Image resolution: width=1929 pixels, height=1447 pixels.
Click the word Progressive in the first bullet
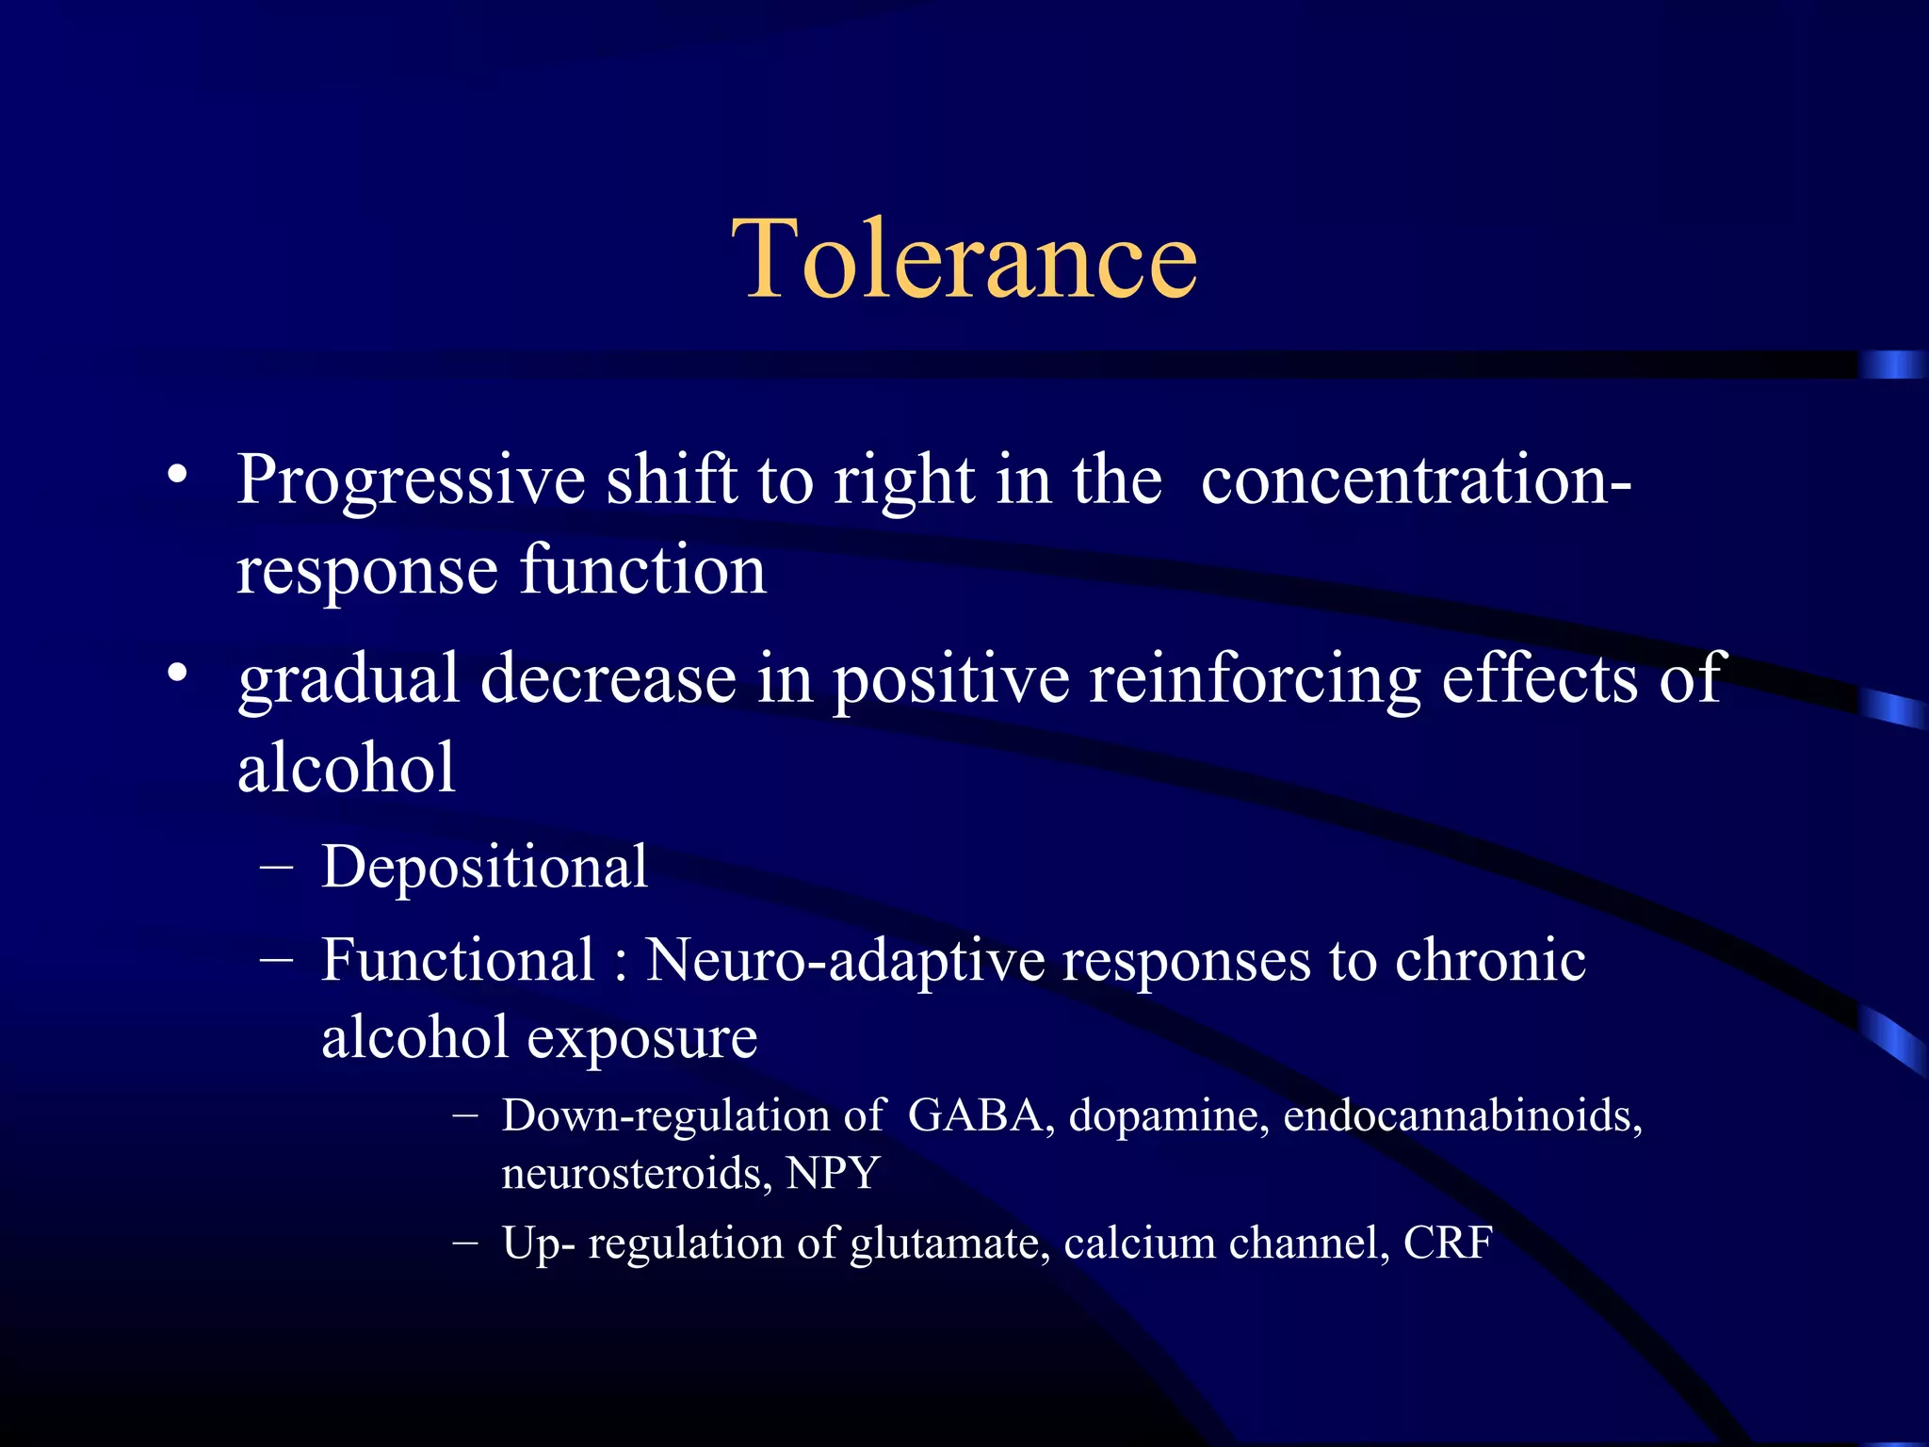pos(411,481)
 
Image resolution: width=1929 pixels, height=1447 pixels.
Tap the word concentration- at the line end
pos(1416,481)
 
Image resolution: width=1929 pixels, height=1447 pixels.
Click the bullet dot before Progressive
pos(177,474)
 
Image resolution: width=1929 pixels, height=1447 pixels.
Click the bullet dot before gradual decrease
pos(177,673)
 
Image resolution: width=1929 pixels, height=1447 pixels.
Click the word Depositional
pos(484,867)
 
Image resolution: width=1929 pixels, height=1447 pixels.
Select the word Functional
pos(458,961)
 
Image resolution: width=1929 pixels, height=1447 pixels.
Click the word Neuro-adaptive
pos(845,961)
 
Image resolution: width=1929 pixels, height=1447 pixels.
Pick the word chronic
pos(1490,961)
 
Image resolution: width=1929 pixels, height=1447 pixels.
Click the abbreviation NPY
pos(833,1174)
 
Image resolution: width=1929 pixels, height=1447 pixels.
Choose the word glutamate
pos(949,1244)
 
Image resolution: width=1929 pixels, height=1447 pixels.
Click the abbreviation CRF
pos(1448,1244)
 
